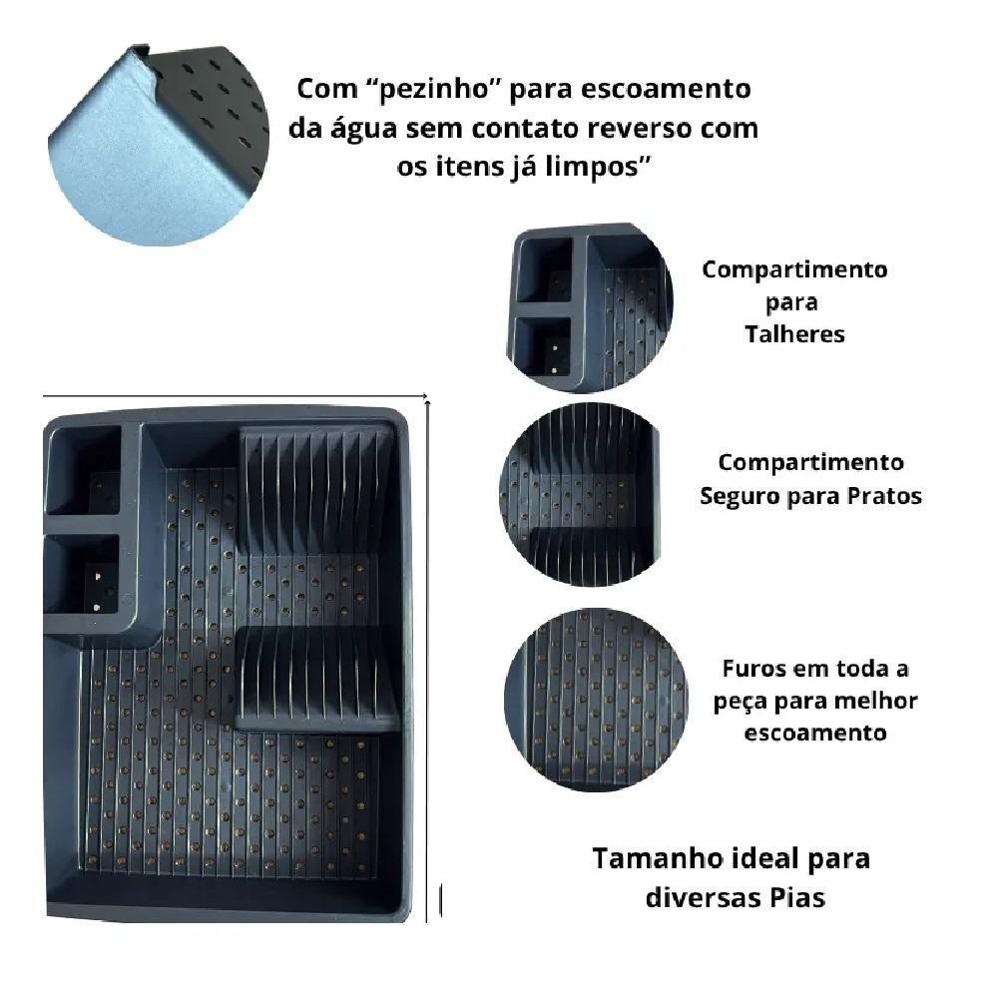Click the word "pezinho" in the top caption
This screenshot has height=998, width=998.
[x=435, y=89]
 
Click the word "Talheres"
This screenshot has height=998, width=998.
[x=794, y=334]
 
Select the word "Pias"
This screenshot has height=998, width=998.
[x=798, y=898]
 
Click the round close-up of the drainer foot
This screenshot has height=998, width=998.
[x=158, y=145]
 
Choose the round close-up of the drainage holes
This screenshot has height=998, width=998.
[x=596, y=700]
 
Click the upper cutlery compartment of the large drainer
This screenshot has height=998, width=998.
[x=84, y=470]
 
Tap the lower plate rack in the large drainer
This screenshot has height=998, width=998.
[x=316, y=678]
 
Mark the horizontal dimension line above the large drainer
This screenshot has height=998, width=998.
[x=236, y=396]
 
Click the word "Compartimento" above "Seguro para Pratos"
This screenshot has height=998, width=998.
[x=810, y=463]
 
